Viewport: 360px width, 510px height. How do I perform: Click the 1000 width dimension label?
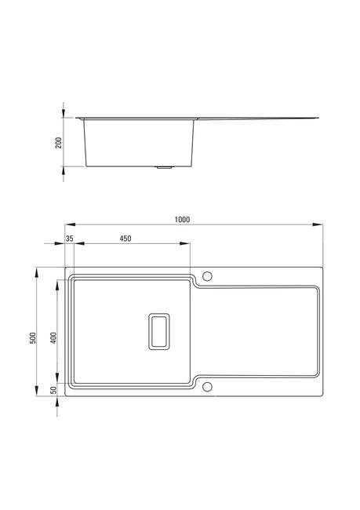point(182,220)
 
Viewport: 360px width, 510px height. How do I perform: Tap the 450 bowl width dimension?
point(125,239)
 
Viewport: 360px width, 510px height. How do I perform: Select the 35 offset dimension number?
point(70,239)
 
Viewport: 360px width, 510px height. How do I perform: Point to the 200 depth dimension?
point(59,143)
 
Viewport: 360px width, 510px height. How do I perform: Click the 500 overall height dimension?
point(33,338)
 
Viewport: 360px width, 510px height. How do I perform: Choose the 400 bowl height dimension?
point(54,338)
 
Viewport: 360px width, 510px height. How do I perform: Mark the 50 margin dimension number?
point(54,390)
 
